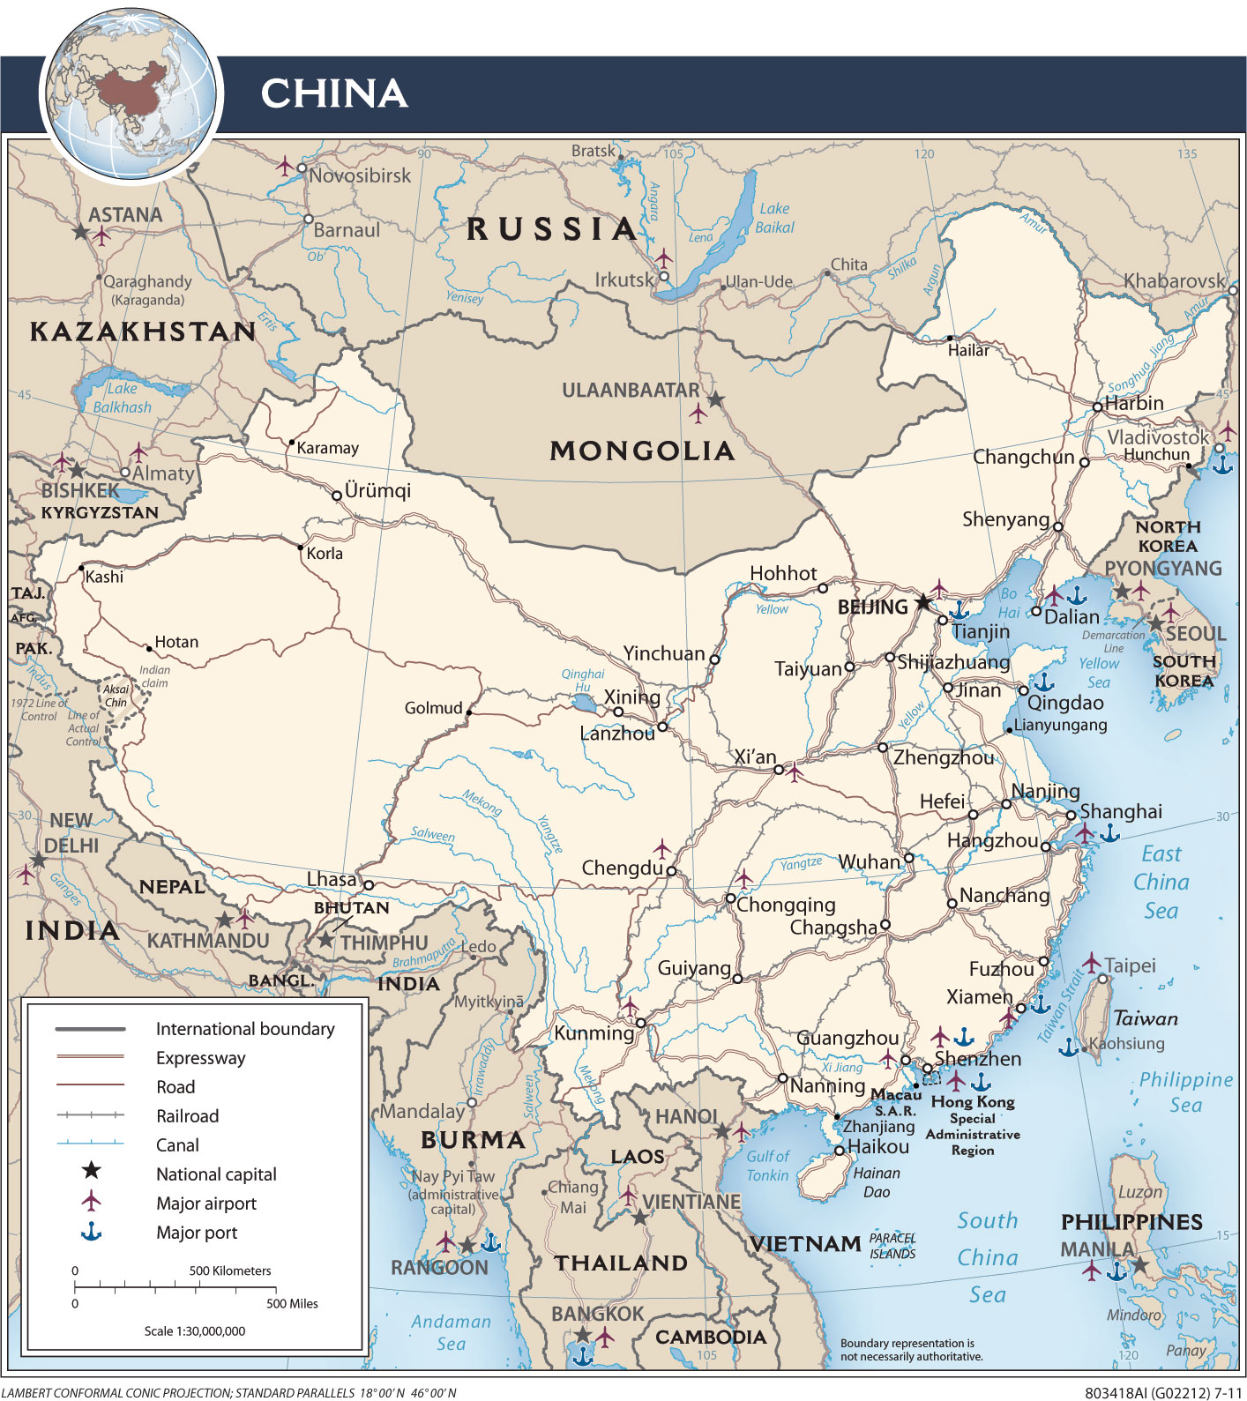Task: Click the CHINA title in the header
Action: click(333, 93)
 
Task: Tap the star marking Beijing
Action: click(922, 603)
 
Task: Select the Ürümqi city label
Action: click(377, 491)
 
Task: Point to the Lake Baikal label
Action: click(774, 218)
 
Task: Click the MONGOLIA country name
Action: click(642, 451)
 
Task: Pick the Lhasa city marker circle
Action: click(369, 885)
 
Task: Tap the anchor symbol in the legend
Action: click(91, 1232)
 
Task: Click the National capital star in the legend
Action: click(91, 1171)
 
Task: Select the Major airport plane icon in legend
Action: click(91, 1201)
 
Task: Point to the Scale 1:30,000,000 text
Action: click(195, 1330)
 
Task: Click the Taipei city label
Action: click(1130, 965)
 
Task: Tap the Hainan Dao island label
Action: click(877, 1182)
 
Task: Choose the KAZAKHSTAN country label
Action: click(143, 332)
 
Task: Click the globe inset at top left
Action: click(132, 95)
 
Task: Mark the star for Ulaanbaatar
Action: click(716, 400)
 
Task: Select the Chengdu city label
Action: click(622, 868)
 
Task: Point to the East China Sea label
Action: click(1161, 882)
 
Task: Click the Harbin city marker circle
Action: click(1097, 406)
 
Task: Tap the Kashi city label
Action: click(104, 578)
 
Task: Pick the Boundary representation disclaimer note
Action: click(911, 1350)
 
